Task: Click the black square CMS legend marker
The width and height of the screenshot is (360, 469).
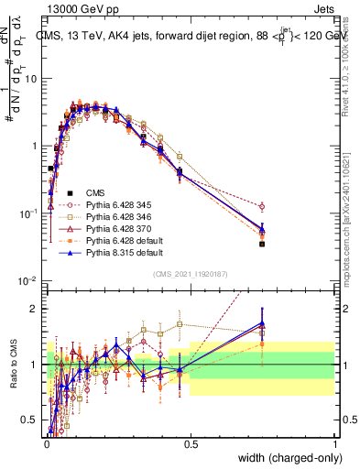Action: (70, 192)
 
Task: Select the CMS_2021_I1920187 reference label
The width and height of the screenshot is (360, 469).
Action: (191, 273)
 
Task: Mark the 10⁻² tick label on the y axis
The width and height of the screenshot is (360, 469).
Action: (27, 281)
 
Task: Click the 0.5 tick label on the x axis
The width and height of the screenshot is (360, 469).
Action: (191, 443)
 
